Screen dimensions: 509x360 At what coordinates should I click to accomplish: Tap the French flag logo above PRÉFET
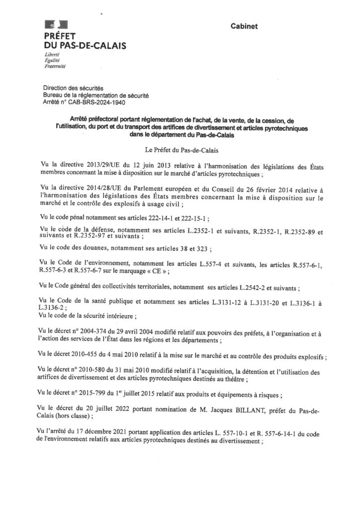(x=52, y=24)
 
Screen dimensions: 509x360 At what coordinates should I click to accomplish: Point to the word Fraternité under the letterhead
(x=56, y=65)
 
